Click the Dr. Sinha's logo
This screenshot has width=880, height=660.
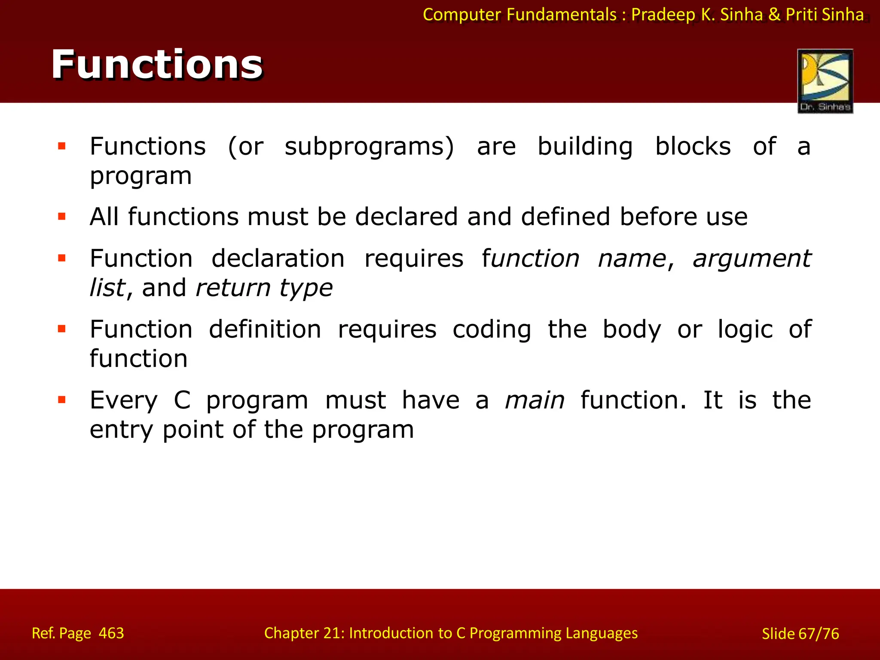pyautogui.click(x=825, y=81)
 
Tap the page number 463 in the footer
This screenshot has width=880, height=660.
pyautogui.click(x=111, y=633)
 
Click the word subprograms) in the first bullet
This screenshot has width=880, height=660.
pyautogui.click(x=369, y=147)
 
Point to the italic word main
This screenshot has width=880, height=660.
pyautogui.click(x=535, y=400)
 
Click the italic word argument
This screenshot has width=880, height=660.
pyautogui.click(x=752, y=259)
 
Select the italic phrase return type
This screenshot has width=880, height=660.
pyautogui.click(x=264, y=288)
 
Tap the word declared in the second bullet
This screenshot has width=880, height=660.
pyautogui.click(x=406, y=217)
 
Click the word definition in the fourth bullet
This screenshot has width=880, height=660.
pyautogui.click(x=265, y=330)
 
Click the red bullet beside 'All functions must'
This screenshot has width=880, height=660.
pyautogui.click(x=62, y=216)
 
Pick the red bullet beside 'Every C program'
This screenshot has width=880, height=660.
pyautogui.click(x=62, y=400)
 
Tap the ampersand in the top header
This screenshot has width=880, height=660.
pyautogui.click(x=774, y=15)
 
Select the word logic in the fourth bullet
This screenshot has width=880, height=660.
pyautogui.click(x=745, y=330)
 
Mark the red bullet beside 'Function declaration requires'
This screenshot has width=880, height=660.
pyautogui.click(x=62, y=258)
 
